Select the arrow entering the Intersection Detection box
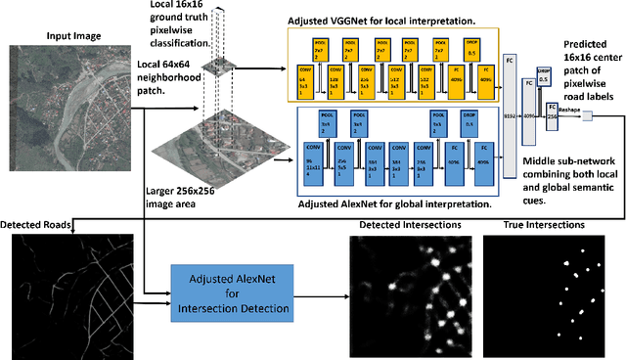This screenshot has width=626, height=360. pyautogui.click(x=162, y=293)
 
